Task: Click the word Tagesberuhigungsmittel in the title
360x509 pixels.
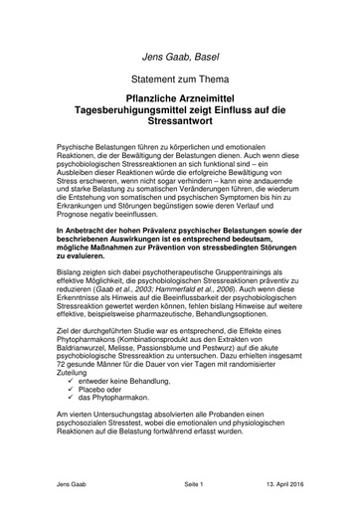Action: [x=138, y=113]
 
